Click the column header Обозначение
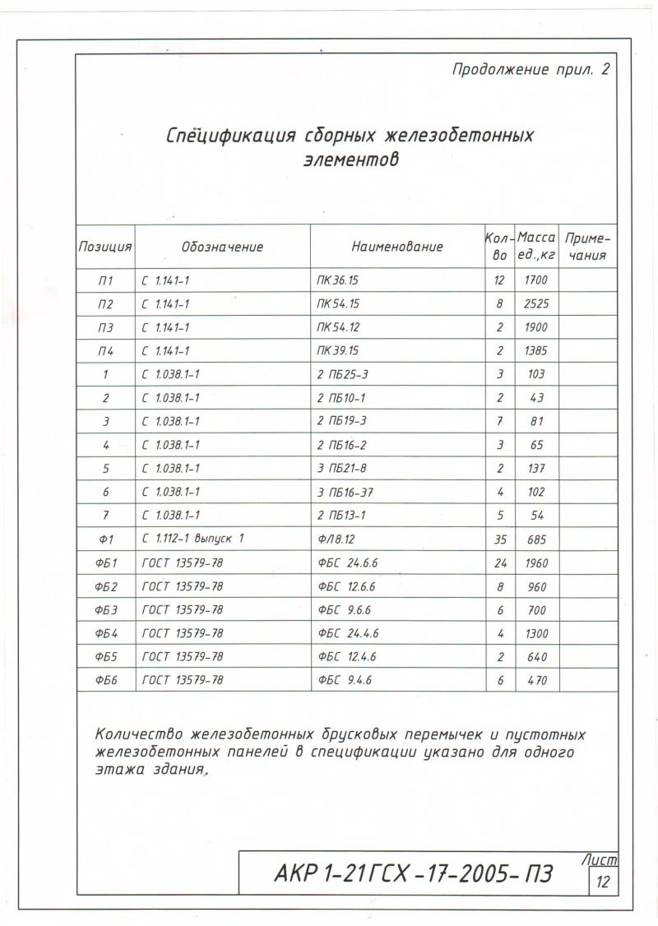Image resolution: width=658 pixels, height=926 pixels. click(222, 247)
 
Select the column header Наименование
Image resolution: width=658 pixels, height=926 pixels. click(397, 247)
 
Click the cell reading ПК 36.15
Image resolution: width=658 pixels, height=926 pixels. click(338, 280)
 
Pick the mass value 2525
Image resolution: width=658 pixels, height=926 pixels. click(535, 303)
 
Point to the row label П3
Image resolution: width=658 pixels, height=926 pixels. click(105, 327)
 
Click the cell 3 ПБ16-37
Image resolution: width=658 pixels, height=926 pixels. click(344, 492)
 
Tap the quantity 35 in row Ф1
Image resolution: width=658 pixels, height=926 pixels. click(500, 540)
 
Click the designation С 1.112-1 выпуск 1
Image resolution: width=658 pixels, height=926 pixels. click(194, 539)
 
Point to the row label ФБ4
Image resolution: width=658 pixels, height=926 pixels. click(105, 634)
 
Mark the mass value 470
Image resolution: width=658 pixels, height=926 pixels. click(535, 681)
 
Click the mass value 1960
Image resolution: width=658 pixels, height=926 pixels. click(535, 563)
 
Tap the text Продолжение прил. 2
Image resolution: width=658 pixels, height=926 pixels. click(531, 70)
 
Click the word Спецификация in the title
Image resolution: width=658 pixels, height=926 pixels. click(230, 136)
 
